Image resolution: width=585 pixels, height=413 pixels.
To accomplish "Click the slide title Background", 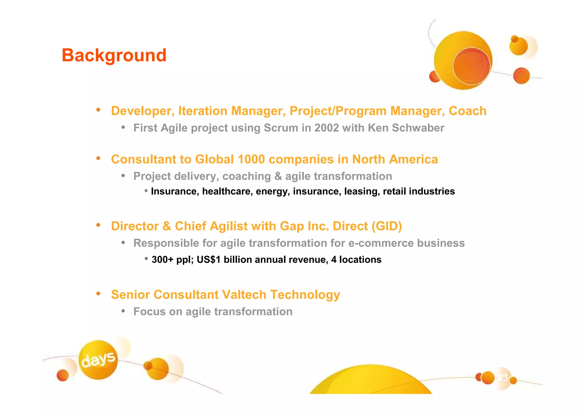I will pyautogui.click(x=114, y=55).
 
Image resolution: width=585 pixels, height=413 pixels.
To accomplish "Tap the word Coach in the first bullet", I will pyautogui.click(x=467, y=111).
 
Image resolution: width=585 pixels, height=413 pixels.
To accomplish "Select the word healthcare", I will pyautogui.click(x=227, y=191).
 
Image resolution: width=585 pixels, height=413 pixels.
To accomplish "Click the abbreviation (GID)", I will pyautogui.click(x=387, y=226).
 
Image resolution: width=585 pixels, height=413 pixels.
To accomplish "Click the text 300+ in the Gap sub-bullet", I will pyautogui.click(x=162, y=260).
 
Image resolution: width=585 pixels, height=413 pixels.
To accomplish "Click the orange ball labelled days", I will pyautogui.click(x=98, y=360).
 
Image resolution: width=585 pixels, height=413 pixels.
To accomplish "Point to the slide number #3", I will pyautogui.click(x=503, y=378).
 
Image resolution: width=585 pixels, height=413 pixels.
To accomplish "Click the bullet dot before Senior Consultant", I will pyautogui.click(x=98, y=294).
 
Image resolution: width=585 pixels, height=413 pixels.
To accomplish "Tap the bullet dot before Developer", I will pyautogui.click(x=98, y=110).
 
